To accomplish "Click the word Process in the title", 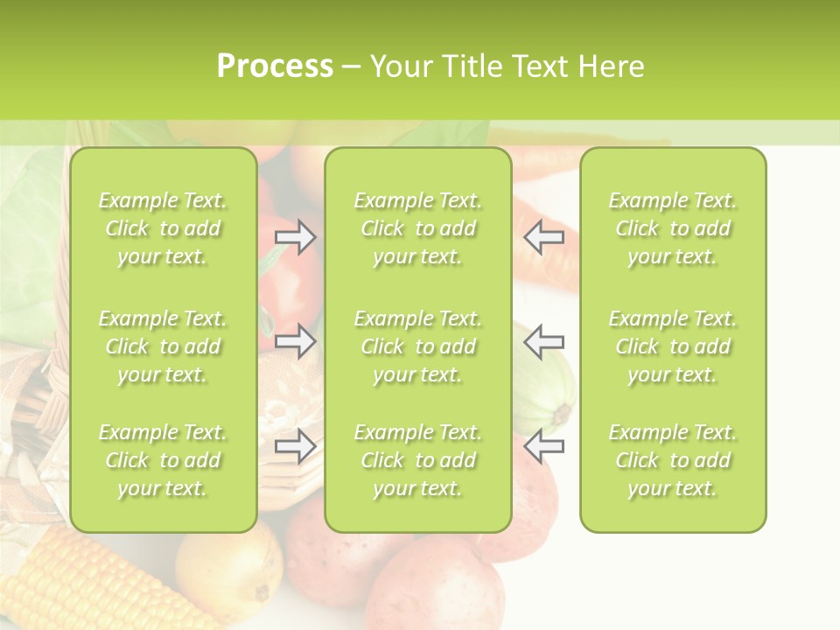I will [x=275, y=66].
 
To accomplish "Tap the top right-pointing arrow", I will [x=296, y=237].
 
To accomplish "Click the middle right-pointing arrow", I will [x=296, y=341].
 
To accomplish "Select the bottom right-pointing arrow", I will [x=296, y=446].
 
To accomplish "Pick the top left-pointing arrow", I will [x=543, y=237].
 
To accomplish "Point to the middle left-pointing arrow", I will [x=543, y=341].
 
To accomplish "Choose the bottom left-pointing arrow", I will [x=543, y=446].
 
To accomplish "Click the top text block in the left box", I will [x=163, y=228].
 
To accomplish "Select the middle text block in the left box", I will [x=163, y=346].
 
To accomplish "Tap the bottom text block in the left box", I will [x=163, y=460].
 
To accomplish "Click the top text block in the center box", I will [x=418, y=228].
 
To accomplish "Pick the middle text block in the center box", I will [x=418, y=346].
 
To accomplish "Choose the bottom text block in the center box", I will [x=418, y=460].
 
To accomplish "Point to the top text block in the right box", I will [x=673, y=228].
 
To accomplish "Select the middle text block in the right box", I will [x=673, y=346].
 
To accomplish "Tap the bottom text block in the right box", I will [x=673, y=460].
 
